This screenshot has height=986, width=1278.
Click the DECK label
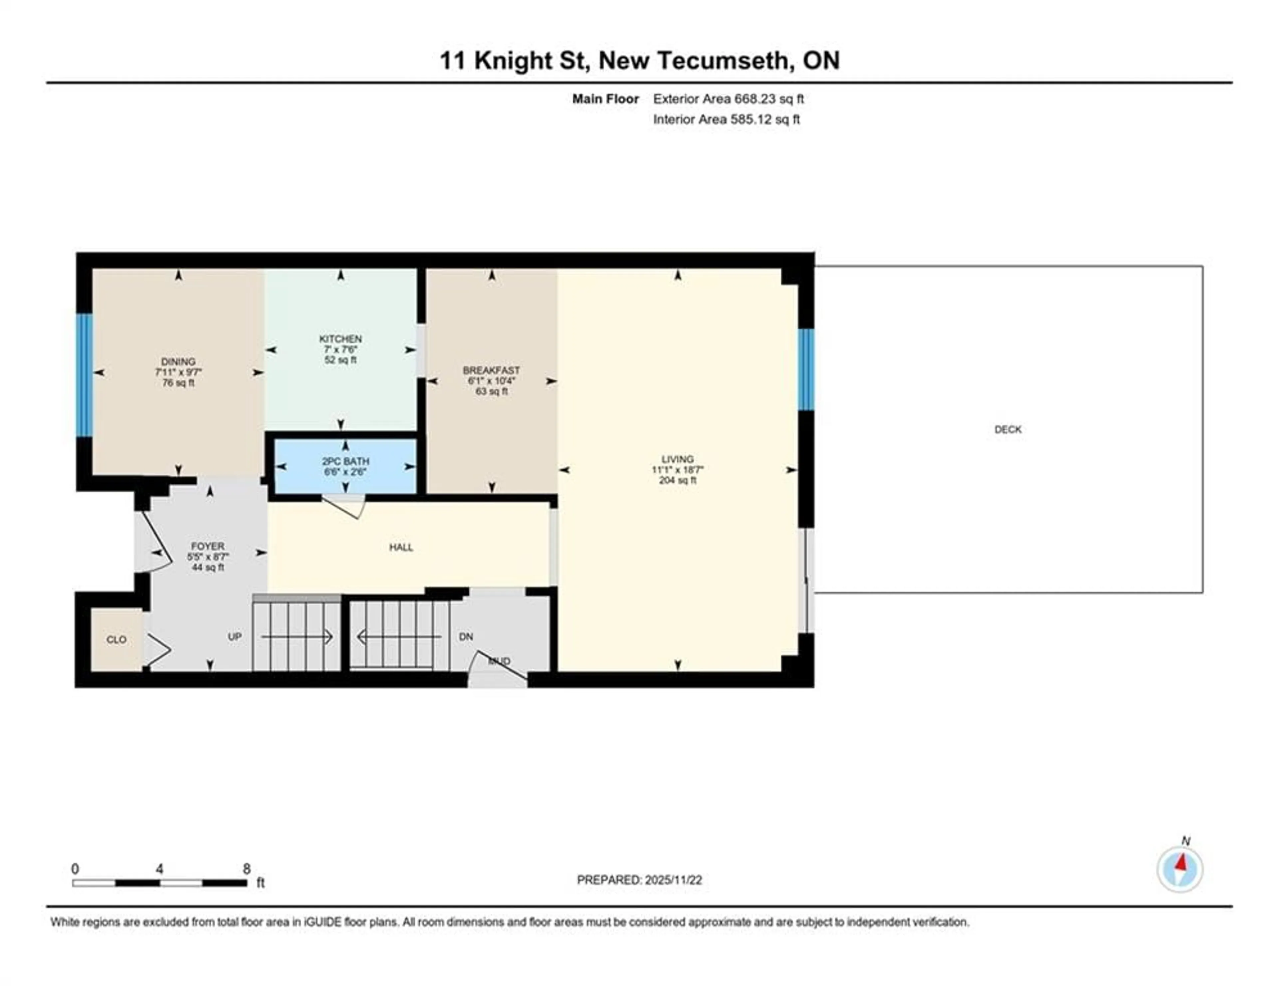(x=1008, y=429)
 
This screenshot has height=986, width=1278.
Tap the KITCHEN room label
(x=340, y=339)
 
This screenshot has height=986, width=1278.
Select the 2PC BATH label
(x=345, y=461)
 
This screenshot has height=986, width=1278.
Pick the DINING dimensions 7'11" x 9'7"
(x=178, y=372)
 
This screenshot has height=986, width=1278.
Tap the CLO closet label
(x=116, y=639)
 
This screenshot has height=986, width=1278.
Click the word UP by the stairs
(x=235, y=636)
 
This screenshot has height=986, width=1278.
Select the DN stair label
(x=466, y=636)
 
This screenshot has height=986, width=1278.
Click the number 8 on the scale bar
(x=246, y=869)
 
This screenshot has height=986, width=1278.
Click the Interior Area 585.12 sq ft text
(x=726, y=119)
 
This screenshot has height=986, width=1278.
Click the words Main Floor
(x=605, y=99)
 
